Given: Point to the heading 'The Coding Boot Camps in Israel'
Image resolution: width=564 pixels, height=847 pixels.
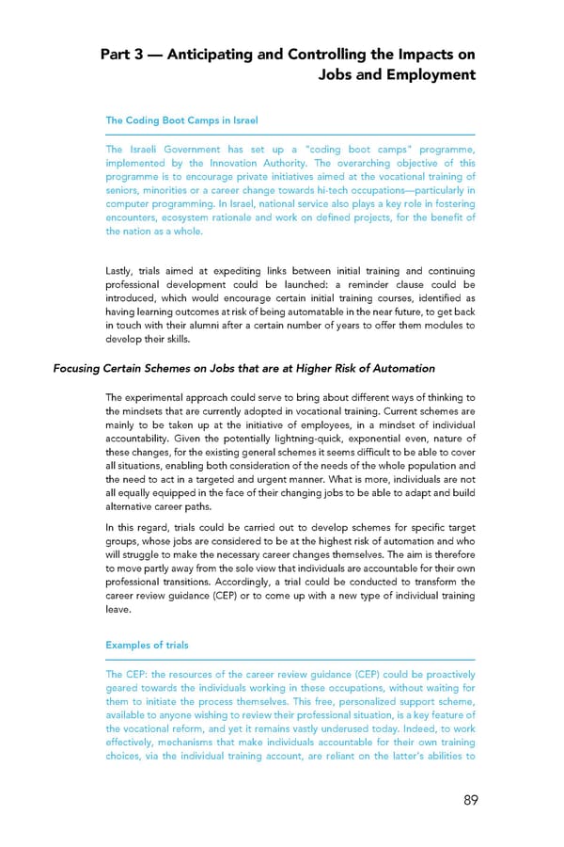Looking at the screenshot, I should point(181,120).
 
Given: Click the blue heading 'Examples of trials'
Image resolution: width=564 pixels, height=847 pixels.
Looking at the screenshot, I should point(147,645).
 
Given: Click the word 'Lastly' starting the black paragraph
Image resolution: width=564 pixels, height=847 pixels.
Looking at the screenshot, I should point(122,271).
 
